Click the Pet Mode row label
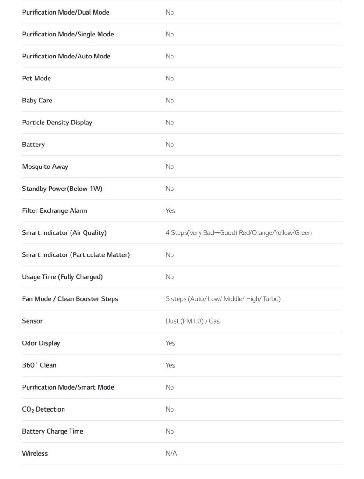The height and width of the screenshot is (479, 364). click(x=36, y=78)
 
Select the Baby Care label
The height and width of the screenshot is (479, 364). click(x=37, y=100)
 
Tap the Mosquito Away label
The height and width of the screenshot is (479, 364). click(x=45, y=167)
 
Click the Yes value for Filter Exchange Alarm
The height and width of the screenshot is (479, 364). click(x=170, y=210)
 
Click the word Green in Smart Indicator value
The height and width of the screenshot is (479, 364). click(x=303, y=232)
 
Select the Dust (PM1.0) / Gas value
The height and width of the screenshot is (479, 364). click(x=192, y=321)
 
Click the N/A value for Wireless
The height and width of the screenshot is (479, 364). click(x=171, y=453)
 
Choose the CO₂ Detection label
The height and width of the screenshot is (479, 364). click(x=43, y=409)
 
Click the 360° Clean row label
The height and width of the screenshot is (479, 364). click(x=39, y=365)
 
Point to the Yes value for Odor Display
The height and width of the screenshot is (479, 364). click(x=170, y=343)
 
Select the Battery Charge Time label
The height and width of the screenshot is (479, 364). click(x=52, y=431)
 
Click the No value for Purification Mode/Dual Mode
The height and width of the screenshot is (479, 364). click(x=170, y=12)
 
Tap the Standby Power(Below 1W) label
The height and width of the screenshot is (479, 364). click(x=62, y=189)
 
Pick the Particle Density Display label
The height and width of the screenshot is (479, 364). click(x=57, y=122)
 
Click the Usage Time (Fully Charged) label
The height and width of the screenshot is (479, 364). click(x=62, y=277)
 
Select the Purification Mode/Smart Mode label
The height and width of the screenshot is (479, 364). click(x=68, y=387)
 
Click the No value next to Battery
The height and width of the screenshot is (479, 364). click(x=170, y=145)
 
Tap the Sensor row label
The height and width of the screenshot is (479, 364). click(x=32, y=321)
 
